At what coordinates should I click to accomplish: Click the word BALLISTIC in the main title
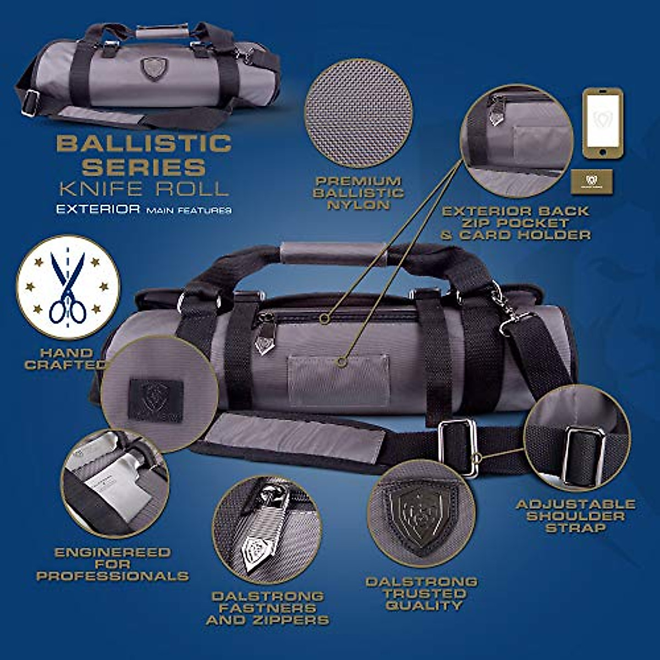pos(144,144)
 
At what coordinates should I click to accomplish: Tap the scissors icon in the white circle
pos(68,287)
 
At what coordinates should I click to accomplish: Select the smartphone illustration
pos(603,123)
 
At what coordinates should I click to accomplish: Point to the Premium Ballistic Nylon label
pos(358,193)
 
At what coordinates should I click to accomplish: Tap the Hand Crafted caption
pos(66,359)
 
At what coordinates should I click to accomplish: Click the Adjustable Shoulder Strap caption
pos(575,516)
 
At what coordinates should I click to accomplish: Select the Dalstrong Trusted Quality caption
pos(422,593)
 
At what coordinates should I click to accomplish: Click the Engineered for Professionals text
pos(112,564)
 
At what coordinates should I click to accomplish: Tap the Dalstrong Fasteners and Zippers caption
pos(268,608)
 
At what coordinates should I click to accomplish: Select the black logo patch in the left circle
pos(156,399)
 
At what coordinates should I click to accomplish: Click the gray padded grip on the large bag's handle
pos(333,254)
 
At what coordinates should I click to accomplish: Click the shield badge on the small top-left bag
pos(153,69)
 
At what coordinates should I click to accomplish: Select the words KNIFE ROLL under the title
pos(144,189)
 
